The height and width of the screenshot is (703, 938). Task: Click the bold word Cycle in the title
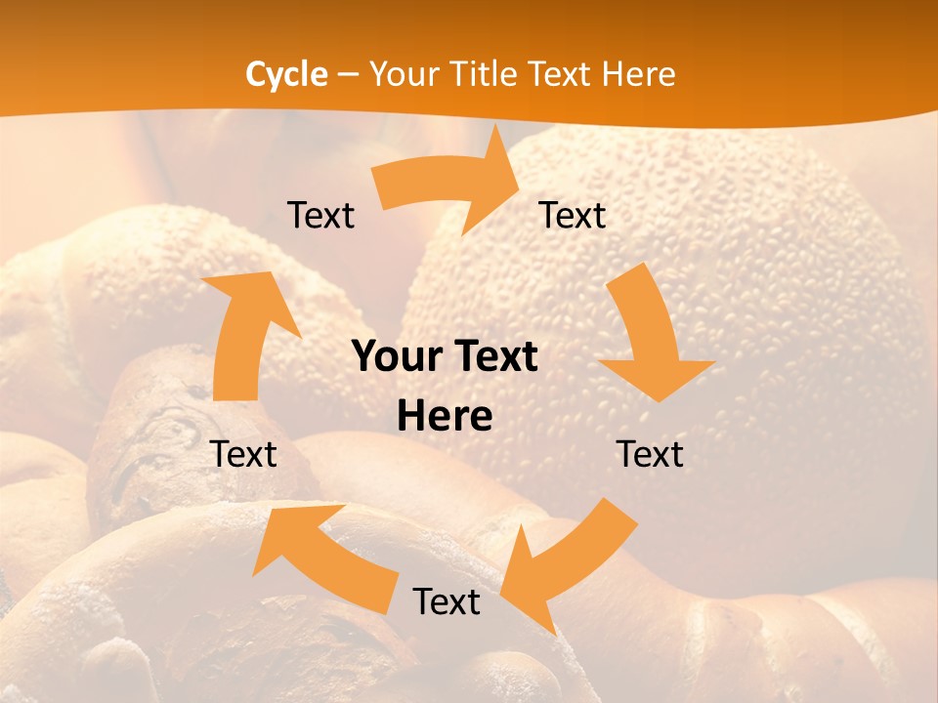[x=286, y=74]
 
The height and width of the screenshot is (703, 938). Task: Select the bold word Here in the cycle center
[x=445, y=417]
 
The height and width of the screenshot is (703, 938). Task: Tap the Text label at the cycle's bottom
[x=447, y=601]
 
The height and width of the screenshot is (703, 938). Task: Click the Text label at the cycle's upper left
[x=320, y=215]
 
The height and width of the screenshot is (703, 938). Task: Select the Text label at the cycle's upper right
[x=573, y=215]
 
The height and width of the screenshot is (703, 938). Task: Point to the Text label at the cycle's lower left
[x=243, y=454]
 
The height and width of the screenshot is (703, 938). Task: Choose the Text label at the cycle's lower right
[x=650, y=454]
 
